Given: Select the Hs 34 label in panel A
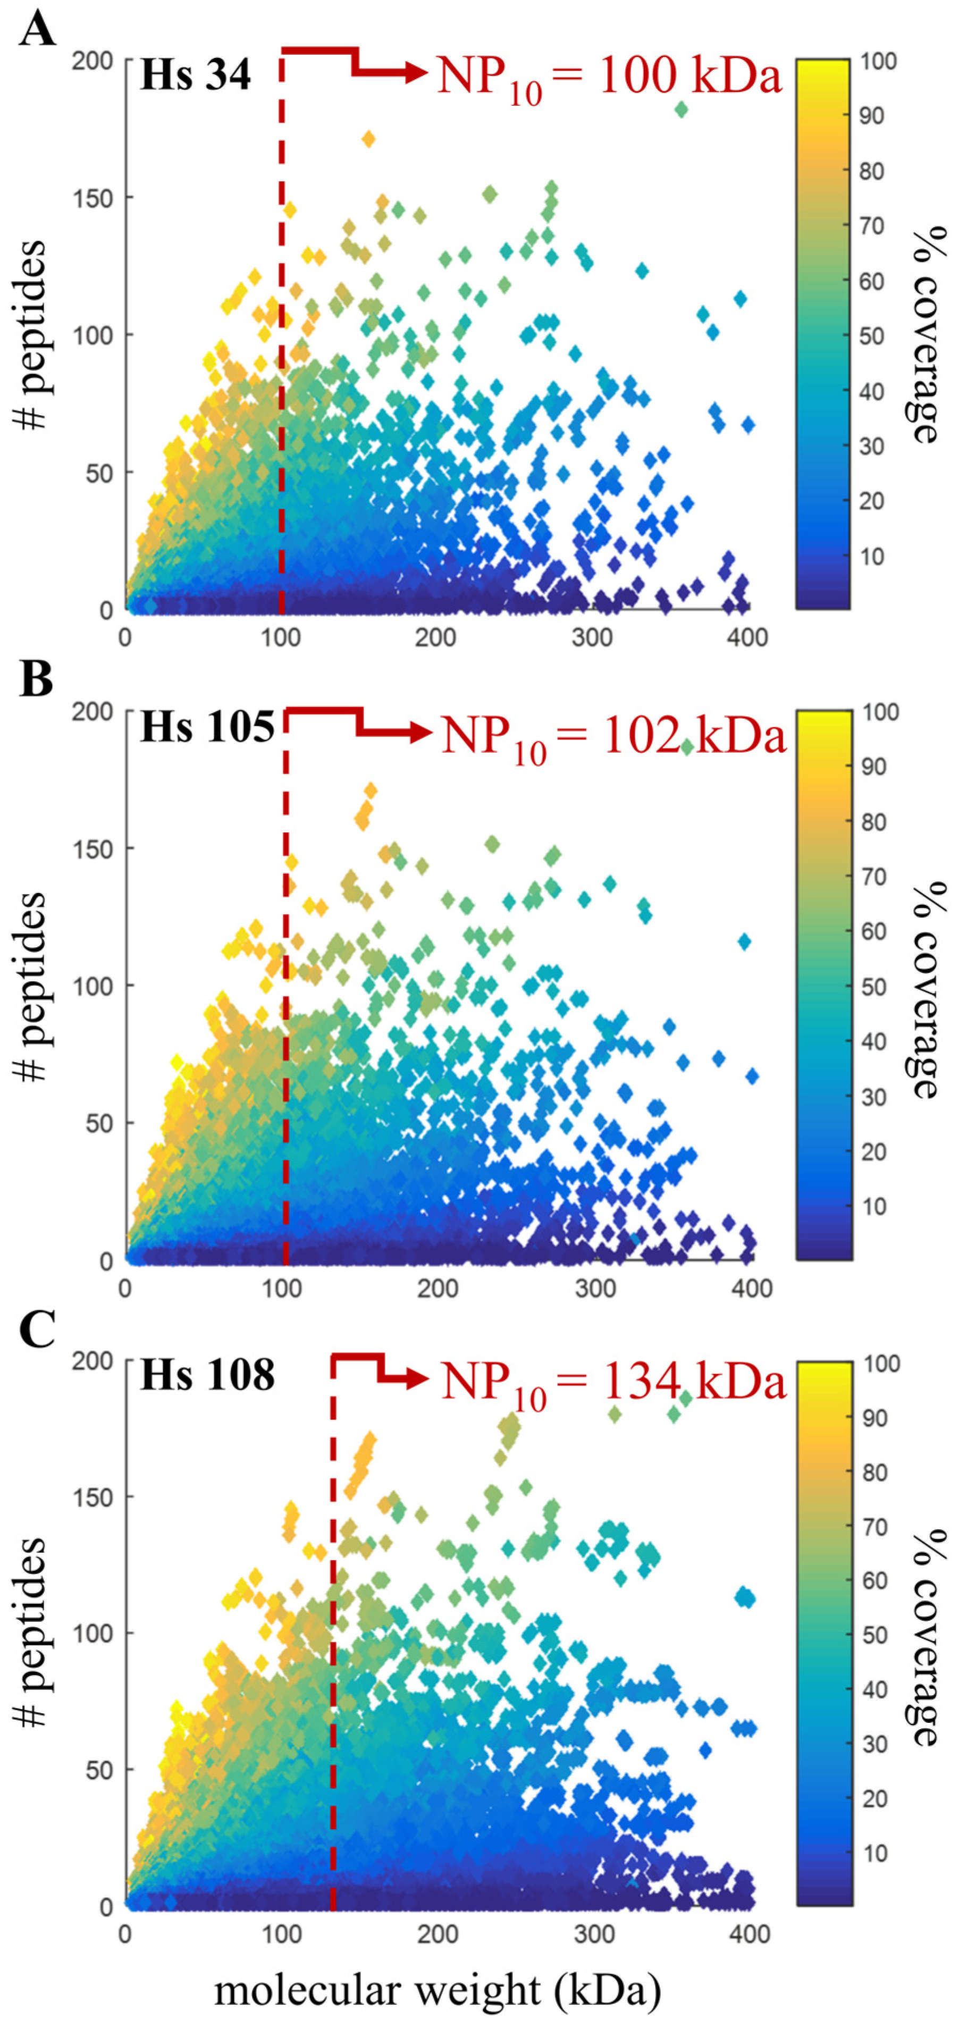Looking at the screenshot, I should coord(195,75).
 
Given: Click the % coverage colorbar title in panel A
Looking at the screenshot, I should coord(929,334).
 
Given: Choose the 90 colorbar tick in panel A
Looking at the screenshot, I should coord(871,116).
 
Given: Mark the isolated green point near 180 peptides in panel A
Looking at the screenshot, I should coord(682,110).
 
